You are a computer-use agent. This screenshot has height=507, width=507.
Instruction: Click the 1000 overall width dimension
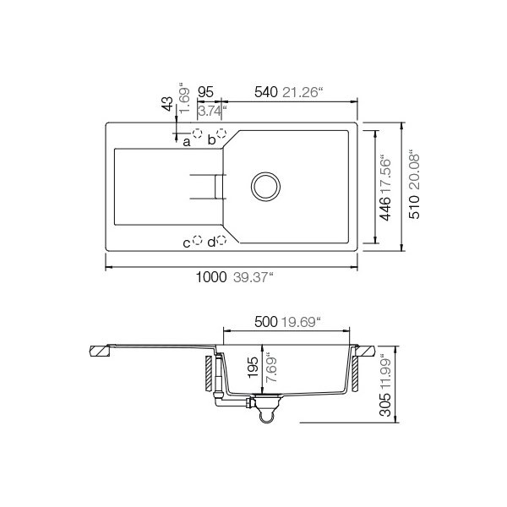pos(211,277)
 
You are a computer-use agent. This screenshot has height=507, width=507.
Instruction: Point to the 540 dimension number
pos(266,92)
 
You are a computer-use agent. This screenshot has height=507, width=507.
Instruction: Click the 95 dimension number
pos(205,92)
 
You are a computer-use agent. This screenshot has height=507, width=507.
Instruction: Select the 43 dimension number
pos(168,103)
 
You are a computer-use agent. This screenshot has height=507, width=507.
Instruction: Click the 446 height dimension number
pos(385,209)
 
